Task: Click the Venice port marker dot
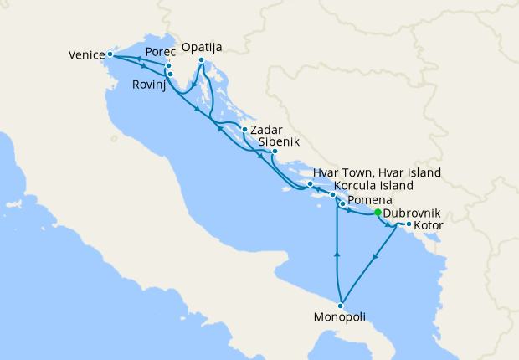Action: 110,54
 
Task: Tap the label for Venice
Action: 86,56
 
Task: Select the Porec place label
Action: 160,52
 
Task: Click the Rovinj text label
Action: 149,85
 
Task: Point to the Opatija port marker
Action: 202,60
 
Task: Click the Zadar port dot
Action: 244,130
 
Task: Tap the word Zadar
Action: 266,131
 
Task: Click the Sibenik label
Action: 278,142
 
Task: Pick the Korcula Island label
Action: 373,185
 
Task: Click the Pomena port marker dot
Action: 342,204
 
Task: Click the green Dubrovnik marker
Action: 378,213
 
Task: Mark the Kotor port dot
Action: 408,224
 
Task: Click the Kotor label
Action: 429,226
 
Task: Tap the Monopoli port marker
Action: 341,306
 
